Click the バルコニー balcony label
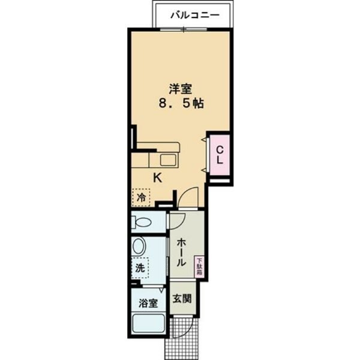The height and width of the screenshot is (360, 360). click(193, 14)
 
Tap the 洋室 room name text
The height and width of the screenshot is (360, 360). click(180, 89)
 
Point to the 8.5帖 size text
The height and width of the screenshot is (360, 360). click(180, 103)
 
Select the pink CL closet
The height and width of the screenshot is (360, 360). click(220, 155)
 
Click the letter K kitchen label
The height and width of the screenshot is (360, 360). click(157, 178)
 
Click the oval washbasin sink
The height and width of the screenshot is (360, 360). click(140, 247)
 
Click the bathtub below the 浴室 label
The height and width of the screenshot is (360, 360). click(149, 326)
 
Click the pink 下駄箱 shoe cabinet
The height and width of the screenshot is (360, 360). click(199, 266)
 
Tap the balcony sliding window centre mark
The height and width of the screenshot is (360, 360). click(193, 29)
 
